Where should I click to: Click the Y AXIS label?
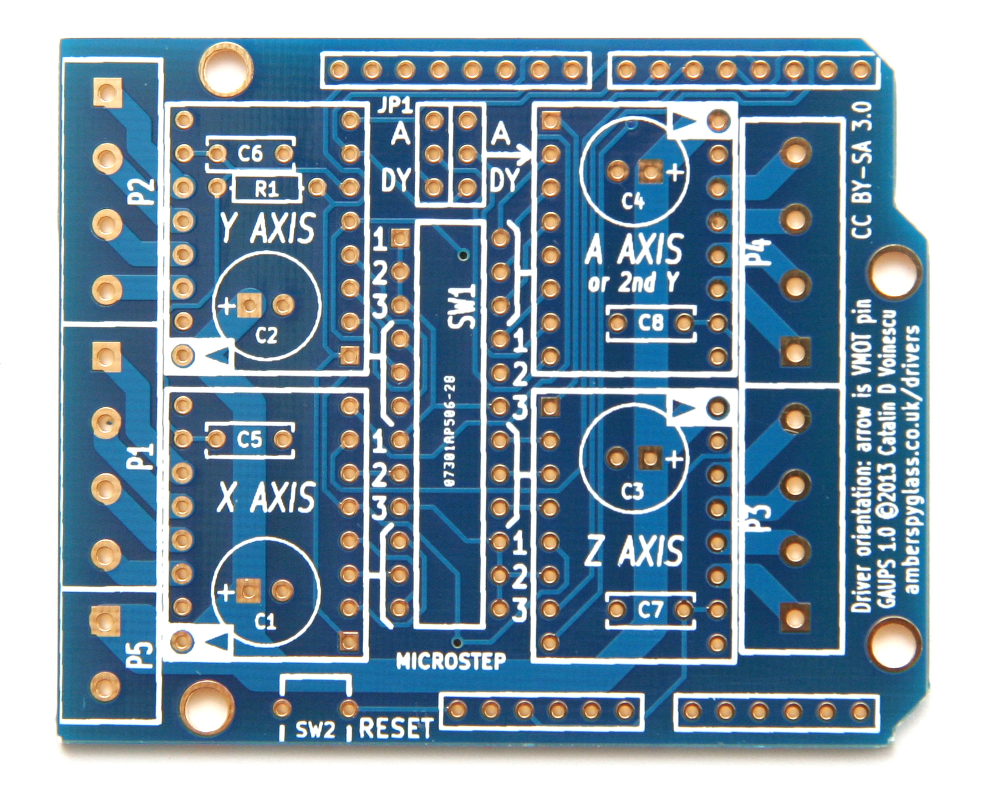(268, 228)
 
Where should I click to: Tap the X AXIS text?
(266, 497)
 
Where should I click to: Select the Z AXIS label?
(634, 552)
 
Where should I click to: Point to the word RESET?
(396, 729)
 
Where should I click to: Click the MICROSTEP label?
(451, 661)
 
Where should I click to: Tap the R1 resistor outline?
(267, 189)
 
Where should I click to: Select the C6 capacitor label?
(250, 153)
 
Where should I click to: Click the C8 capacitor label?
(650, 322)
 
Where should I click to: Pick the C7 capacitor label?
(650, 610)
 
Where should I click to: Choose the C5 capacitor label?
(249, 440)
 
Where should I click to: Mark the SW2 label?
(315, 730)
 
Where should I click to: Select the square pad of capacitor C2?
(249, 305)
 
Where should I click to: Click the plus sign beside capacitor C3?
(675, 459)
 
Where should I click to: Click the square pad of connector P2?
(106, 91)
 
